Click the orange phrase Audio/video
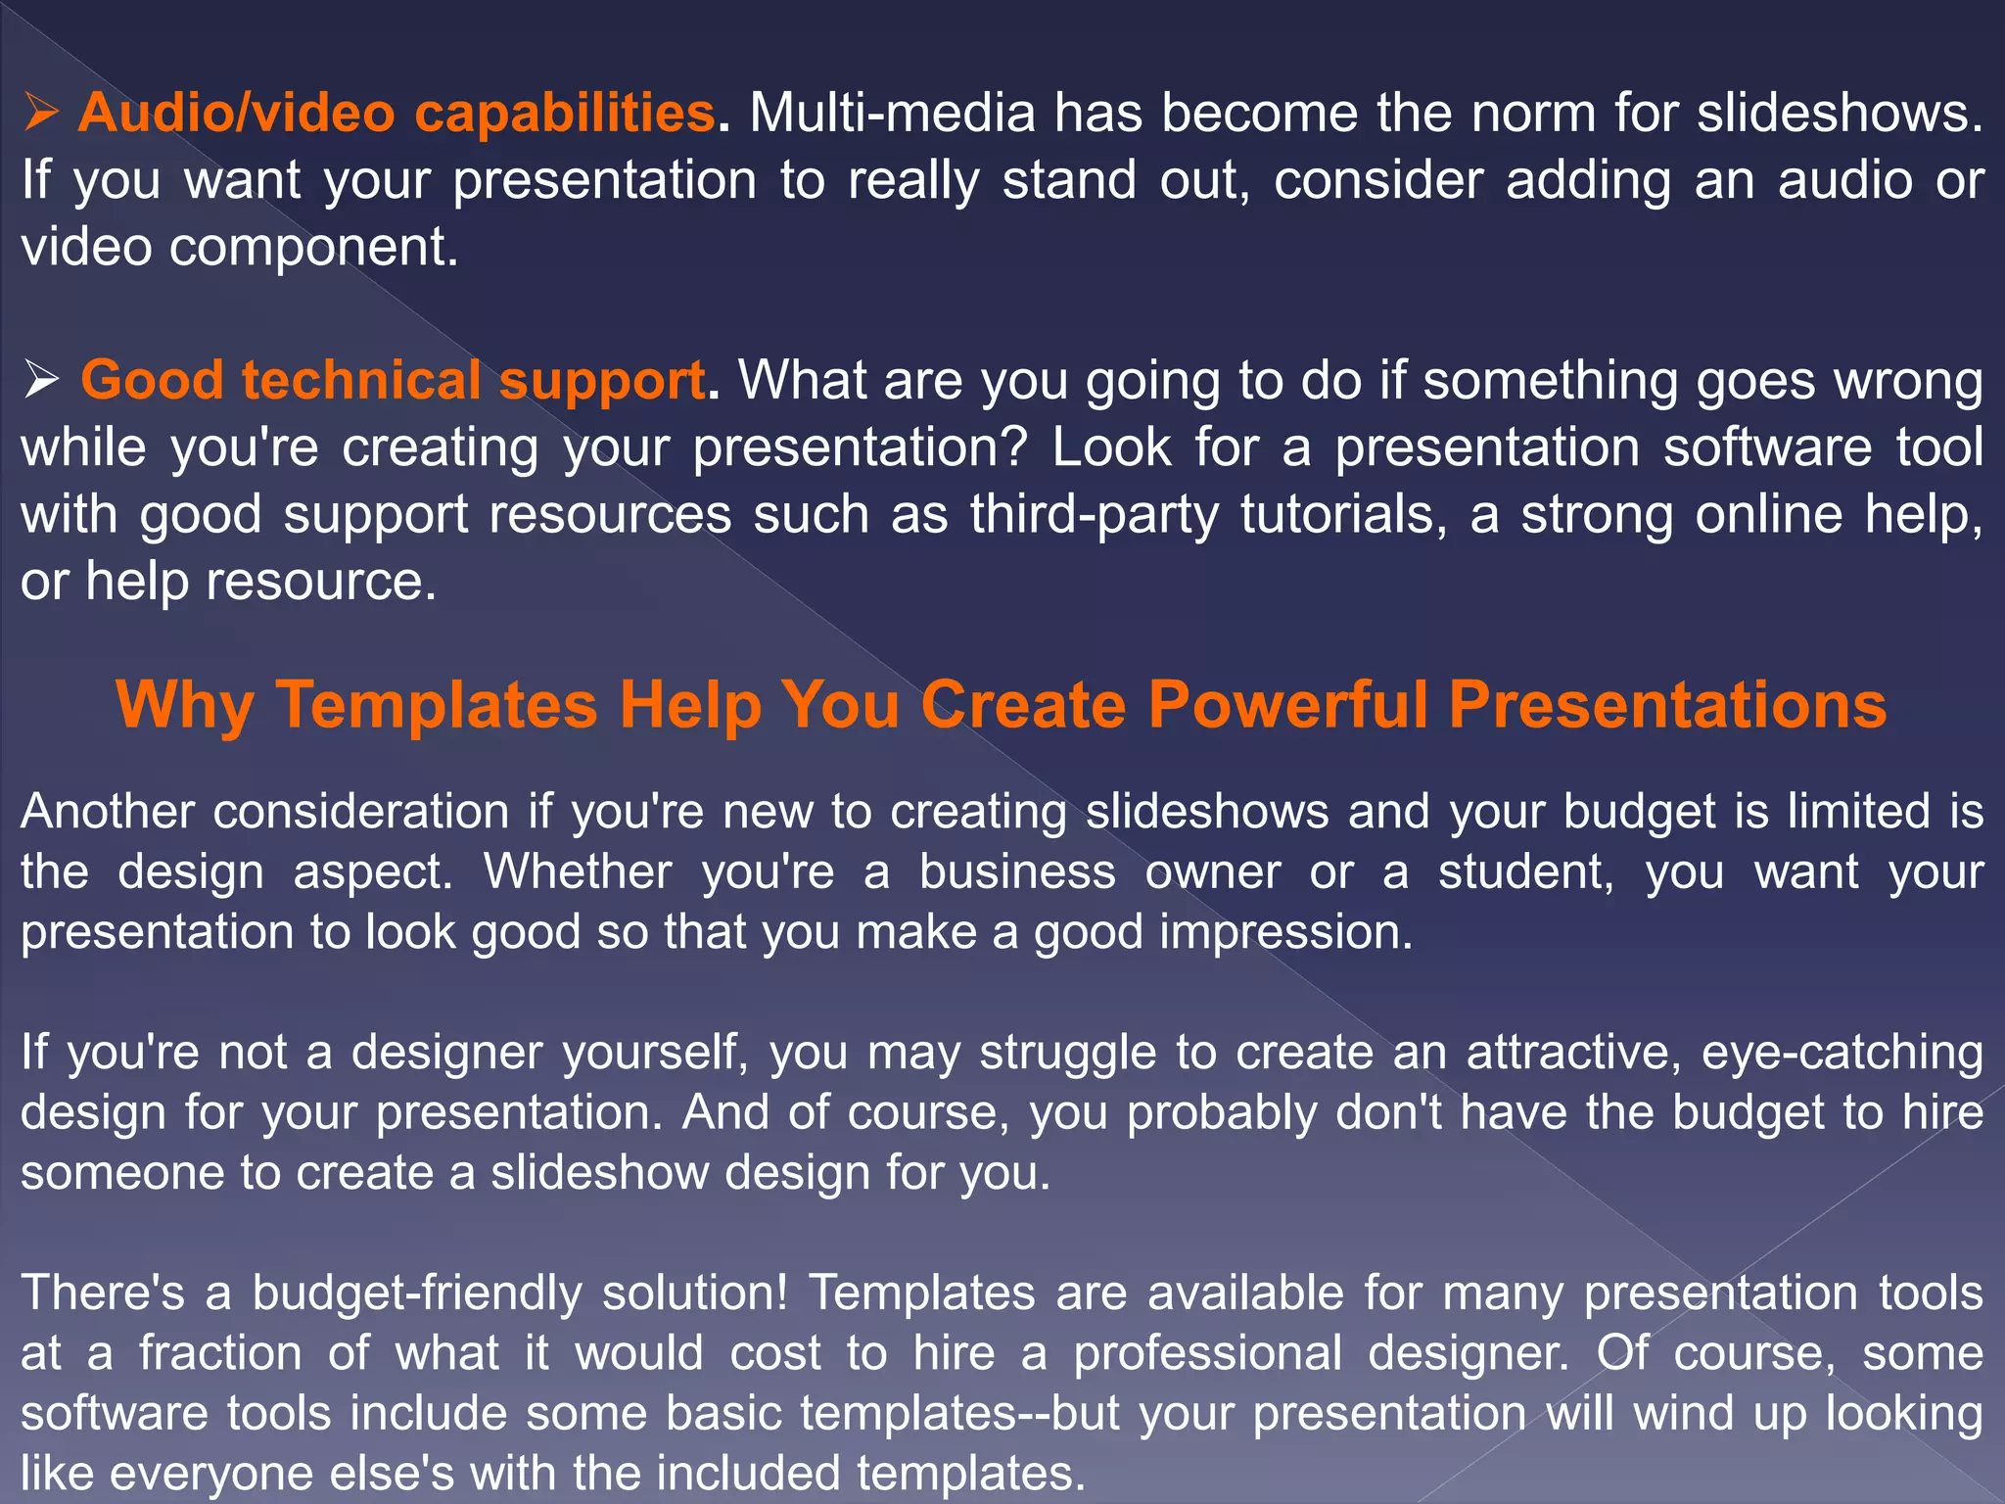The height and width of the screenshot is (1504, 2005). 236,114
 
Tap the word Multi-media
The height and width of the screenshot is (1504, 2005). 892,114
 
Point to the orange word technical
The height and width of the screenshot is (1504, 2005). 361,381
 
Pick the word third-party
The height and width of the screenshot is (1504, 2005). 1095,515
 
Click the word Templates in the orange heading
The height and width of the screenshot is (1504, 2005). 437,705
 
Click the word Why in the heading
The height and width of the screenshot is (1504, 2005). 185,705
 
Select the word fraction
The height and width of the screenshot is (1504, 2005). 220,1354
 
